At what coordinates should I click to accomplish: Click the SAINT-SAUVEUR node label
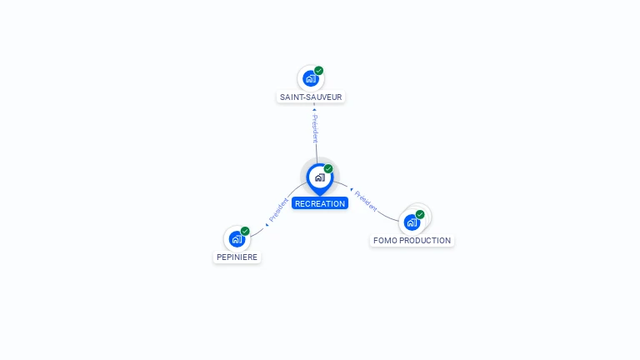click(x=311, y=97)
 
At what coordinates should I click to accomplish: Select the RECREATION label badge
click(x=320, y=203)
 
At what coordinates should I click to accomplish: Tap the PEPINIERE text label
click(x=237, y=257)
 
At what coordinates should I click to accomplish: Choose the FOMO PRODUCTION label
click(x=412, y=240)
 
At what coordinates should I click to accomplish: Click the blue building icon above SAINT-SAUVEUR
click(x=311, y=79)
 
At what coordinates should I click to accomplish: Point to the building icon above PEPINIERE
click(x=237, y=239)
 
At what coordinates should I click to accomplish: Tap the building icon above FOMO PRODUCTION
click(x=412, y=222)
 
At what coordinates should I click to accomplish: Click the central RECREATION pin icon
click(x=320, y=179)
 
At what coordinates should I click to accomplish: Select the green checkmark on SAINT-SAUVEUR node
click(x=319, y=71)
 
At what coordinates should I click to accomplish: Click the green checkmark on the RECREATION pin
click(x=328, y=168)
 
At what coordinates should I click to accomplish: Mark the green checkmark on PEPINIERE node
click(x=245, y=231)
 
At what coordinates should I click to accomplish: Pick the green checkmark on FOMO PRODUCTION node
click(x=420, y=214)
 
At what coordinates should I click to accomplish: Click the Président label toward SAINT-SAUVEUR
click(x=315, y=128)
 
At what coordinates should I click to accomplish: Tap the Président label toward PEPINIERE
click(x=278, y=210)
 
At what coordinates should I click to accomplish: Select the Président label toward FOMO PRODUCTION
click(x=366, y=201)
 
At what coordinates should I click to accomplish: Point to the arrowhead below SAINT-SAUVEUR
click(x=314, y=109)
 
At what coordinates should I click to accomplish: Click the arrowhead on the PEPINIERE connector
click(x=267, y=225)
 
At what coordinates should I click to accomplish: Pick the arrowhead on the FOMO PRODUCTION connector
click(x=352, y=189)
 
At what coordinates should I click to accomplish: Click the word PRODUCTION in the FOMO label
click(x=426, y=240)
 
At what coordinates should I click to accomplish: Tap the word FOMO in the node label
click(x=385, y=240)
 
